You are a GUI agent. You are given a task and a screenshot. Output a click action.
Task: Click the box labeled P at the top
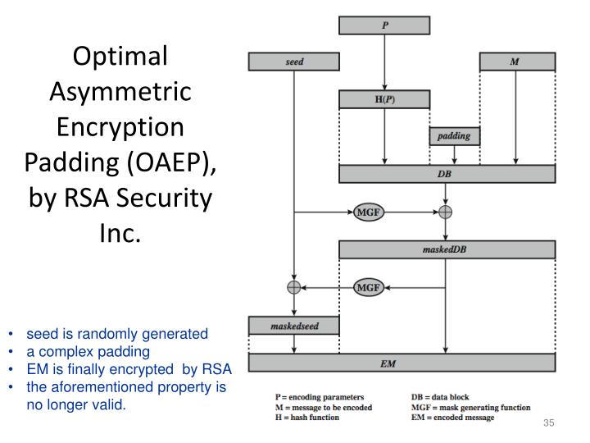tap(384, 25)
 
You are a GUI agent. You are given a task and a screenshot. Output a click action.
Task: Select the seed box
tap(293, 62)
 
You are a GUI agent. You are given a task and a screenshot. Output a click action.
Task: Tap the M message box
tap(514, 62)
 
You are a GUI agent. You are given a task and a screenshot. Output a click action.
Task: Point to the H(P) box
tap(384, 99)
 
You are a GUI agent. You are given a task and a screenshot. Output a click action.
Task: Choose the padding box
tap(454, 136)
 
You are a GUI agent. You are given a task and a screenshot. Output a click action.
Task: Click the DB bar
tap(447, 174)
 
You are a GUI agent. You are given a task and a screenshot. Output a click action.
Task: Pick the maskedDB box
tap(447, 249)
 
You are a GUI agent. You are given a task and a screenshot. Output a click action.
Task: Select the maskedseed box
tap(293, 325)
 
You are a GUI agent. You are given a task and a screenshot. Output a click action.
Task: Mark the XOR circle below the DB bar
tap(445, 212)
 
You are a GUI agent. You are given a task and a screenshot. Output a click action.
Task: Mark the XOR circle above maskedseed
tap(293, 287)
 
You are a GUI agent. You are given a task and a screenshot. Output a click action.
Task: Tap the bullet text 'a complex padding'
tap(88, 351)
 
